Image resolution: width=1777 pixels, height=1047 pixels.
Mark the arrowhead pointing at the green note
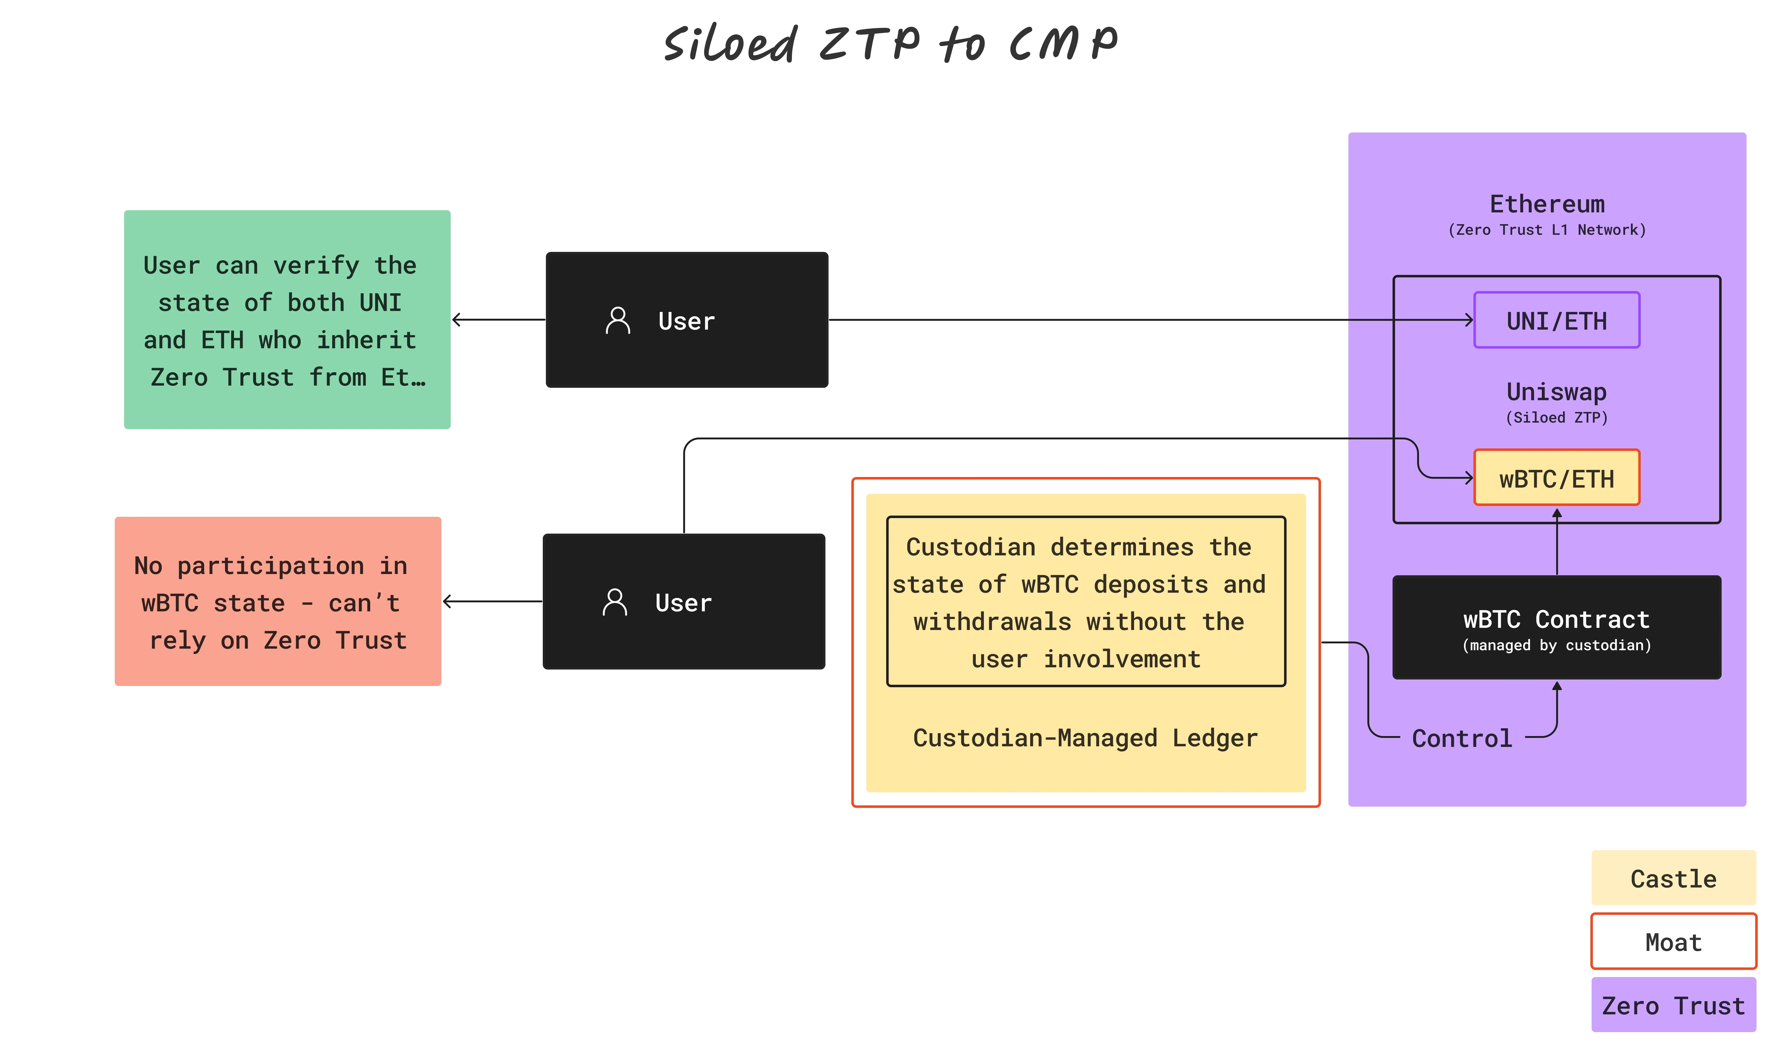pos(457,320)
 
